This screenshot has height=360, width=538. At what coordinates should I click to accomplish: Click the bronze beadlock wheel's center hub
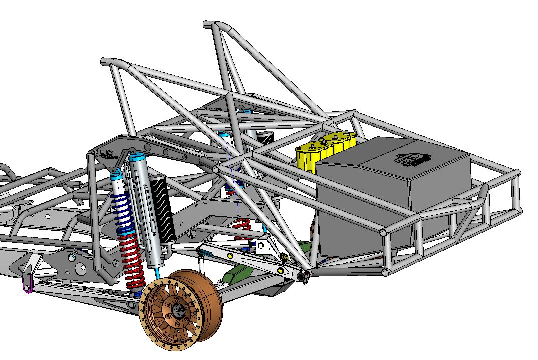[178, 311]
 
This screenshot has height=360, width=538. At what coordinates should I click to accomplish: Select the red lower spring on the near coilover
[132, 263]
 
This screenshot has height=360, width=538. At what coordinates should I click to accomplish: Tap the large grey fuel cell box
[391, 200]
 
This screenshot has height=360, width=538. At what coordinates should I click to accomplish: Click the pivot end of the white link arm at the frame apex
[302, 275]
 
